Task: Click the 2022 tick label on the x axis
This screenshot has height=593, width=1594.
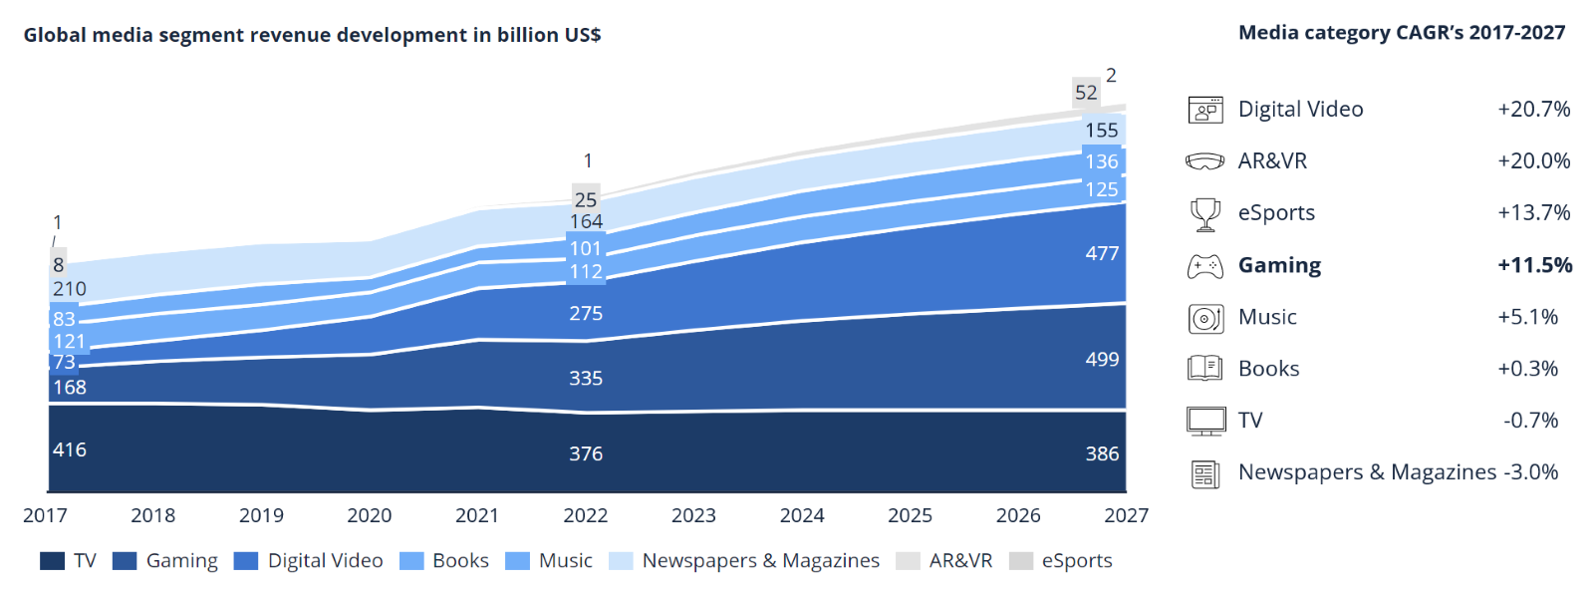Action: tap(585, 515)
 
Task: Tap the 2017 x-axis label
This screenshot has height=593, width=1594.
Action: tap(45, 515)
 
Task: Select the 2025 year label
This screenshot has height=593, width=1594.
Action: tap(910, 515)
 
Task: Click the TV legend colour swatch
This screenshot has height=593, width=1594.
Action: tap(53, 561)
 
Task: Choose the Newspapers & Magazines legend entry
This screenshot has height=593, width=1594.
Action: tap(760, 561)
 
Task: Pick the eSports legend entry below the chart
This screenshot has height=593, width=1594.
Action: tap(1076, 561)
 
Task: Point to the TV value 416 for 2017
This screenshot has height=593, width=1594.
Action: tap(70, 449)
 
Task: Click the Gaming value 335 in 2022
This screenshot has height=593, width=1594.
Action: tap(586, 379)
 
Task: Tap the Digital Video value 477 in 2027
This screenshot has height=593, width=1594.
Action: tap(1102, 254)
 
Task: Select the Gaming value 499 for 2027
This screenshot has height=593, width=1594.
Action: tap(1102, 360)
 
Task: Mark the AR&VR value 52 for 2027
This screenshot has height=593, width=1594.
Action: tap(1086, 93)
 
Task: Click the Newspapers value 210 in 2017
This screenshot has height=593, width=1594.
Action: tap(70, 289)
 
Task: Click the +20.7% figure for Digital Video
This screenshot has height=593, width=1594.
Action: tap(1533, 110)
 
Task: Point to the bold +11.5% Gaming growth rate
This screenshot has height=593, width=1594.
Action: tap(1534, 265)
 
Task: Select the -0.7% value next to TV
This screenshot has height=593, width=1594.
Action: tap(1530, 421)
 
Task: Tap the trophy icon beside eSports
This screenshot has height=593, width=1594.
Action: tap(1205, 213)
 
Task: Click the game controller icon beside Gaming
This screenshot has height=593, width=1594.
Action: tap(1205, 266)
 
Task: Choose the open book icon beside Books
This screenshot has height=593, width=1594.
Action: tap(1205, 369)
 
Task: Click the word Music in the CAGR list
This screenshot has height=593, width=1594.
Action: tap(1267, 317)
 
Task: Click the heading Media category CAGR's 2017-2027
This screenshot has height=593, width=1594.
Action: tap(1402, 33)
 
